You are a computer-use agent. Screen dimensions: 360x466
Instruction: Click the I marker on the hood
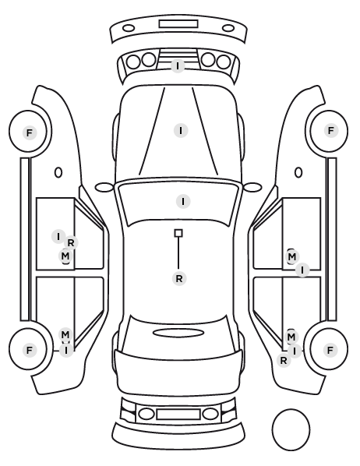point(181,130)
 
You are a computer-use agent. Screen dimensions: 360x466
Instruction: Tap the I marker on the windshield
point(183,201)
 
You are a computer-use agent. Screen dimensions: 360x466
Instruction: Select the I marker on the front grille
point(178,65)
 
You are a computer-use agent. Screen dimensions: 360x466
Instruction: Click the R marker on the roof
point(179,279)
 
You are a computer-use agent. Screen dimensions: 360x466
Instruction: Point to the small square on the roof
point(178,233)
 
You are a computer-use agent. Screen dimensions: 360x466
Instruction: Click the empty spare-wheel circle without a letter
point(291,429)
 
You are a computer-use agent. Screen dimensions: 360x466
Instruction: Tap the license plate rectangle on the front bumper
point(178,24)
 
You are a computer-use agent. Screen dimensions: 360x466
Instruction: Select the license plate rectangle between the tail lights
point(178,415)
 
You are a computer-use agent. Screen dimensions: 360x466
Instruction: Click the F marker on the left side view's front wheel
point(30,132)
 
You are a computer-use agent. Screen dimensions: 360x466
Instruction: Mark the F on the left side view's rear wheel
point(30,350)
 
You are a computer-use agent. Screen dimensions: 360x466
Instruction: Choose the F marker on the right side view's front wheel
point(331,130)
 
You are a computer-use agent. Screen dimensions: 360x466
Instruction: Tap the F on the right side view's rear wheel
point(330,351)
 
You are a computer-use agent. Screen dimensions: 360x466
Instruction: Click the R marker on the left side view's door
point(71,243)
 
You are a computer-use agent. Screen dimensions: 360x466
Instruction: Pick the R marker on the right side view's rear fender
point(284,361)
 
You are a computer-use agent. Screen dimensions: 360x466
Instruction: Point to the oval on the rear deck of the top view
point(178,333)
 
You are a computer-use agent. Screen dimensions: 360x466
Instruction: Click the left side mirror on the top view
point(104,187)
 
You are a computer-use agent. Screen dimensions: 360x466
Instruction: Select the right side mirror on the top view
point(252,187)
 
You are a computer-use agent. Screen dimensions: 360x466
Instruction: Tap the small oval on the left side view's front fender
point(58,172)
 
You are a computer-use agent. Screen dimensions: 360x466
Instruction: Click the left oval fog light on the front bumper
point(129,29)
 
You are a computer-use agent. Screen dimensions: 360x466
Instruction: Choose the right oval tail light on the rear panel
point(210,414)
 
